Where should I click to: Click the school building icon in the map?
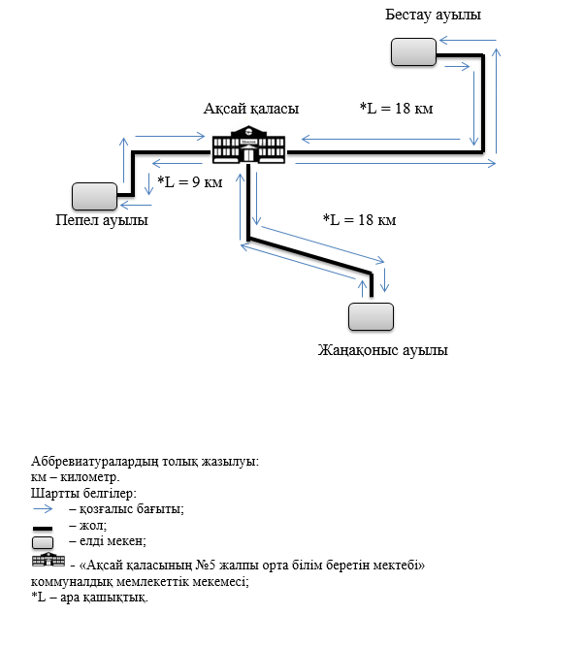pyautogui.click(x=249, y=146)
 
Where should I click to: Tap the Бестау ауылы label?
pyautogui.click(x=432, y=16)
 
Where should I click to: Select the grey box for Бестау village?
pyautogui.click(x=413, y=52)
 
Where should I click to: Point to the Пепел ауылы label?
pyautogui.click(x=102, y=220)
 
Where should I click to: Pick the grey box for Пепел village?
pyautogui.click(x=94, y=197)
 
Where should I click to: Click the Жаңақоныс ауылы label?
pyautogui.click(x=383, y=349)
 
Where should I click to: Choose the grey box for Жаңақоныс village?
pyautogui.click(x=371, y=316)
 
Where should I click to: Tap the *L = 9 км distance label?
pyautogui.click(x=190, y=182)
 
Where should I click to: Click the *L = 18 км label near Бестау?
pyautogui.click(x=396, y=108)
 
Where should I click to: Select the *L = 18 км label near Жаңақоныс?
pyautogui.click(x=359, y=220)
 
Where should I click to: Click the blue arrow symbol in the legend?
pyautogui.click(x=49, y=508)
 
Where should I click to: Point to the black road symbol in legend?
pyautogui.click(x=48, y=526)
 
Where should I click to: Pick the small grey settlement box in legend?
pyautogui.click(x=47, y=541)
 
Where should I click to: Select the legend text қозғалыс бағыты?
pyautogui.click(x=131, y=508)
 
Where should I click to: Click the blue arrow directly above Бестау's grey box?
pyautogui.click(x=467, y=41)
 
